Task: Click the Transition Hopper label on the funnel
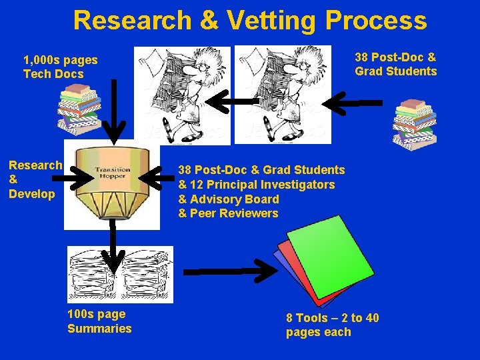click(112, 173)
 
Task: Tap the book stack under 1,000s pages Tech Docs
click(78, 109)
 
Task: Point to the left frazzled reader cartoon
click(182, 95)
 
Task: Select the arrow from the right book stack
click(357, 102)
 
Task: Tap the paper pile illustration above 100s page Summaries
click(120, 274)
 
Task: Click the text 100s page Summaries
click(99, 321)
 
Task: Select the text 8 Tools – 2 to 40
click(332, 318)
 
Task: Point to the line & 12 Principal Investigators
click(257, 185)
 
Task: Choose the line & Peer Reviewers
click(228, 213)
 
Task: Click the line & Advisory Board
click(229, 199)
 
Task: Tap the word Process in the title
click(376, 21)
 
